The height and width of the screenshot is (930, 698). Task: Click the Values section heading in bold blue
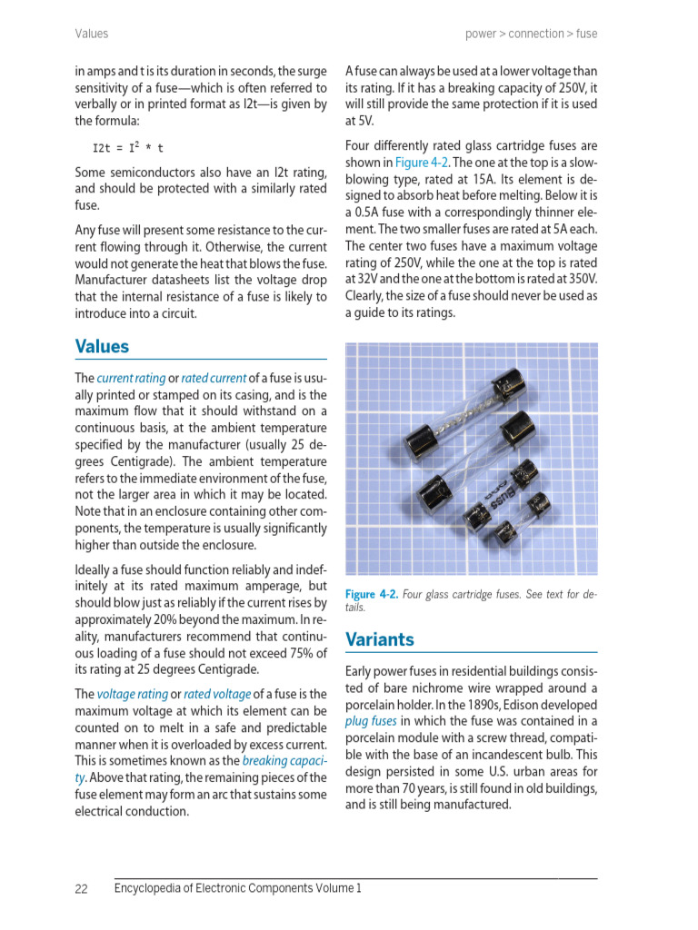tap(102, 346)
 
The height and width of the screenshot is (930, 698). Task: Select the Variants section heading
tap(380, 639)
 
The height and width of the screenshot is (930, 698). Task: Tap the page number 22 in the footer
tap(81, 889)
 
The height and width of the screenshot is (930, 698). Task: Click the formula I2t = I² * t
tap(128, 147)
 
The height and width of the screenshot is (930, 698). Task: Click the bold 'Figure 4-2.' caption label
tap(372, 594)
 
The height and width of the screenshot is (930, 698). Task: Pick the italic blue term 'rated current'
tap(214, 378)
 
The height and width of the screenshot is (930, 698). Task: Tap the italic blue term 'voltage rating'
tap(132, 694)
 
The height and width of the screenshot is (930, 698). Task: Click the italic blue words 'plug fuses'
tap(371, 721)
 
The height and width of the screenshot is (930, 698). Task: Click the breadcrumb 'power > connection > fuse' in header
tap(531, 34)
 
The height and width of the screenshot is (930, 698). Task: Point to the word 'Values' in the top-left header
tap(91, 34)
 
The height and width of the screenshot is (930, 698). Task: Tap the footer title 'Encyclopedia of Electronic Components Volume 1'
tap(237, 888)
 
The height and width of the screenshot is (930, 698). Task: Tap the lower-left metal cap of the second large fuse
tap(434, 496)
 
